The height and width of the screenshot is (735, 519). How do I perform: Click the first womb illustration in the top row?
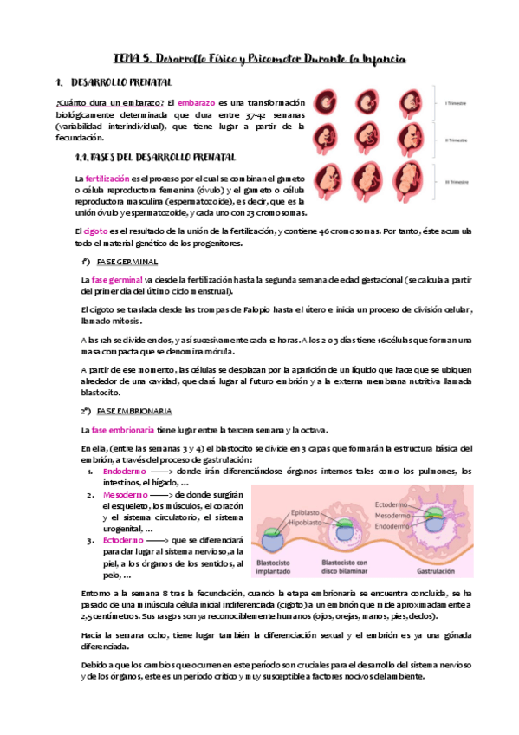tap(328, 100)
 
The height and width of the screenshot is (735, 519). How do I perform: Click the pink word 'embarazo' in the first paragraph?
tap(192, 103)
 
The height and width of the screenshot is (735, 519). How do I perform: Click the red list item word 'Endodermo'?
tap(120, 472)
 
